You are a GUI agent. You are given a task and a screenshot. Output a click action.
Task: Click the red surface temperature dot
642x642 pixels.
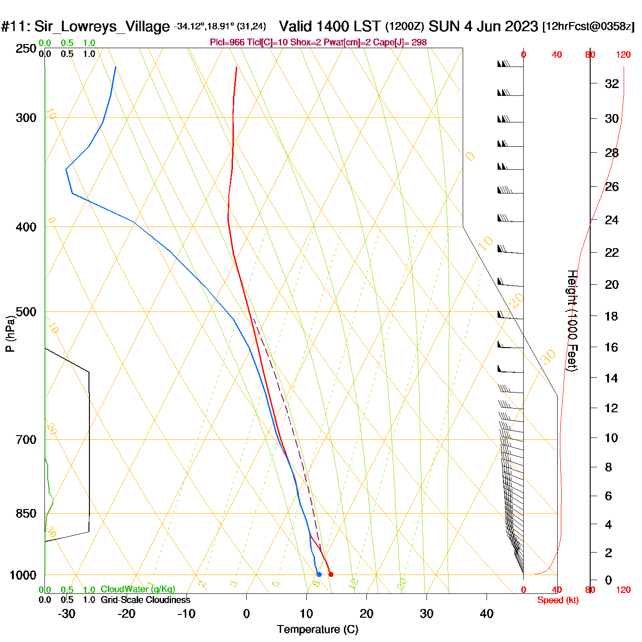331,574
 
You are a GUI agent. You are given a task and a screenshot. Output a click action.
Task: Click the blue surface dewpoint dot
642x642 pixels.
319,574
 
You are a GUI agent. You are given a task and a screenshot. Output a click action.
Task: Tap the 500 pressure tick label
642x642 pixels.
26,312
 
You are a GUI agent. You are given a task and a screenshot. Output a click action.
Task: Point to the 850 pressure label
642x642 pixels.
26,514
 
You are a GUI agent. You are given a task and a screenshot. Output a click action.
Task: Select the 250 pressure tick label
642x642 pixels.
26,49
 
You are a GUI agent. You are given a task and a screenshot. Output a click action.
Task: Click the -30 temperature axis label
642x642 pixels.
66,614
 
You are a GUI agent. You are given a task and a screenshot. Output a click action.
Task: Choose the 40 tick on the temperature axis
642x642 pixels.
487,614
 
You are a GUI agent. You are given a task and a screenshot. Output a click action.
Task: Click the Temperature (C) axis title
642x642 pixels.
317,630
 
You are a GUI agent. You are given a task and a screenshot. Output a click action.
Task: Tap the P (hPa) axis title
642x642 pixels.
10,334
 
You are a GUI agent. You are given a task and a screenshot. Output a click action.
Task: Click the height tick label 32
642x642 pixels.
612,83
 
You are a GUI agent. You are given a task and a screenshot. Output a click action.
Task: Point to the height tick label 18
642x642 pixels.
611,316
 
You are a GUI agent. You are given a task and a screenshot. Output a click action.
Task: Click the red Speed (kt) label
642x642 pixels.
558,600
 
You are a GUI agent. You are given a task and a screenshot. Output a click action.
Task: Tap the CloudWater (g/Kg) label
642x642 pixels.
138,589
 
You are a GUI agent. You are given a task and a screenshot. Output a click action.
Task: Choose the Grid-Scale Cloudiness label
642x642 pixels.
145,600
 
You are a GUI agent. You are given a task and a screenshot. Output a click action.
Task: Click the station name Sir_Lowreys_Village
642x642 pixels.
102,26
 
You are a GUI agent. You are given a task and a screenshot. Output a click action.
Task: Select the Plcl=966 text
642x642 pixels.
227,43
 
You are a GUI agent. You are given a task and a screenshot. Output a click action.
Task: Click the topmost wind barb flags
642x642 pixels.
504,64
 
